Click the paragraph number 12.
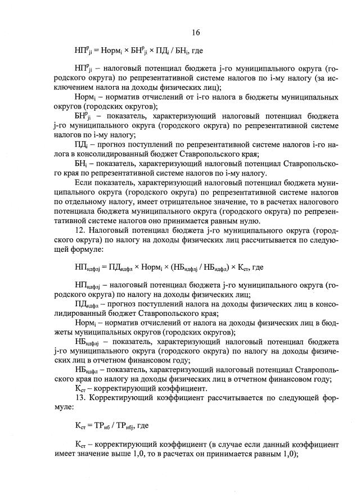tap(80, 231)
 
